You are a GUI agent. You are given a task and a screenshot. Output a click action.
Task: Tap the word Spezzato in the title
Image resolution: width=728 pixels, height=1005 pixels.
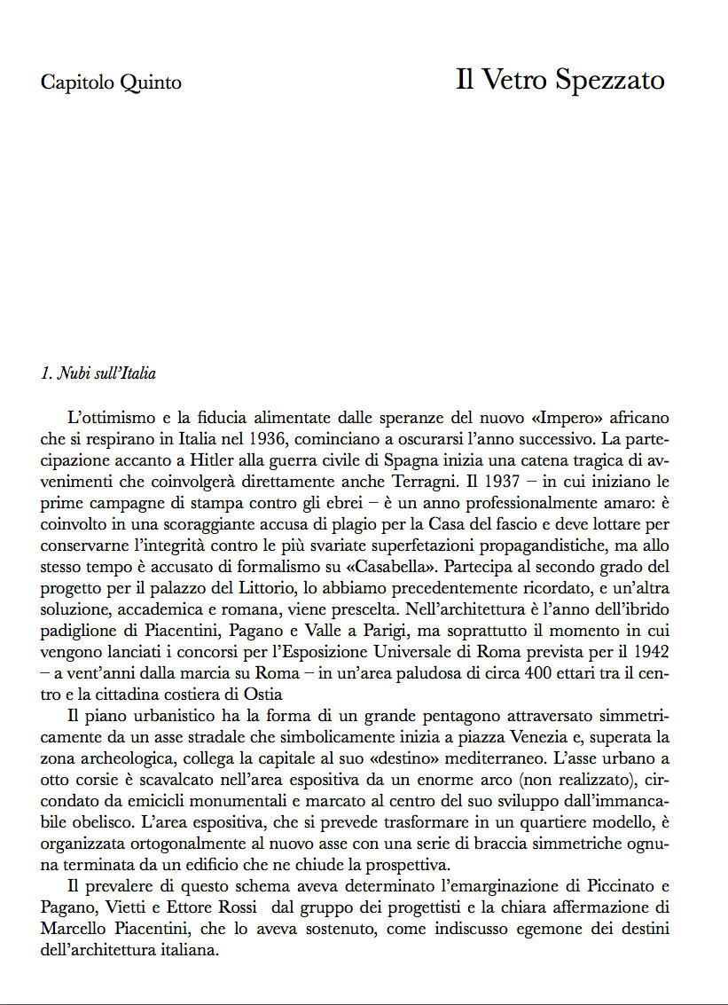click(x=611, y=81)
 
